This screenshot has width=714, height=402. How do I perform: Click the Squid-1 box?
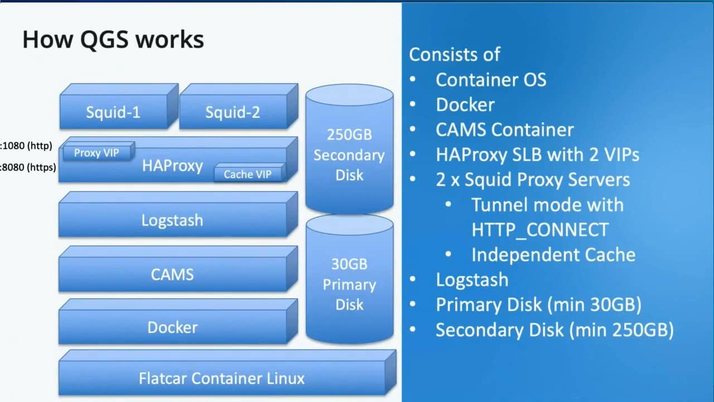pyautogui.click(x=113, y=112)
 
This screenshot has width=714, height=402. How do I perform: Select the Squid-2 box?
pyautogui.click(x=233, y=112)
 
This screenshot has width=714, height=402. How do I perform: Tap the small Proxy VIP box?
pyautogui.click(x=97, y=152)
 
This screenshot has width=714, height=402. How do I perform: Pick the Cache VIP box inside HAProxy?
pyautogui.click(x=247, y=174)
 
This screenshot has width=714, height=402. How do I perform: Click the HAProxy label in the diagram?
pyautogui.click(x=172, y=166)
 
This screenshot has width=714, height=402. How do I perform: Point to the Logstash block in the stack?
pyautogui.click(x=172, y=220)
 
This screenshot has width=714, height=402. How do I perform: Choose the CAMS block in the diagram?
pyautogui.click(x=172, y=274)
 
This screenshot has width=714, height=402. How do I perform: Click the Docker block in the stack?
pyautogui.click(x=172, y=327)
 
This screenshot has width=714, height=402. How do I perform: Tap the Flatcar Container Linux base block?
pyautogui.click(x=221, y=378)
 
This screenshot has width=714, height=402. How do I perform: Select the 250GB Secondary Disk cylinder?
pyautogui.click(x=349, y=155)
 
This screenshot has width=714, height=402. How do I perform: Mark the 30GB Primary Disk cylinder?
pyautogui.click(x=349, y=284)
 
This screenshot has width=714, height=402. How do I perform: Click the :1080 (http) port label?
pyautogui.click(x=27, y=146)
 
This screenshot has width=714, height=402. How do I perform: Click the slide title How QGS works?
pyautogui.click(x=113, y=40)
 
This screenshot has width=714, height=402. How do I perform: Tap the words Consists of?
pyautogui.click(x=454, y=54)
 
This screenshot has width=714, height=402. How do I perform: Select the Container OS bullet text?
pyautogui.click(x=490, y=79)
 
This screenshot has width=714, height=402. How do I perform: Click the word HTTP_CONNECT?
pyautogui.click(x=539, y=229)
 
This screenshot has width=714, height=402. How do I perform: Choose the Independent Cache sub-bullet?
pyautogui.click(x=553, y=255)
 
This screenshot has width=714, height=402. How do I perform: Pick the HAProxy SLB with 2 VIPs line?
pyautogui.click(x=537, y=155)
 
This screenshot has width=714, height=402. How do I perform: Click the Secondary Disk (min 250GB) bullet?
pyautogui.click(x=554, y=330)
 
